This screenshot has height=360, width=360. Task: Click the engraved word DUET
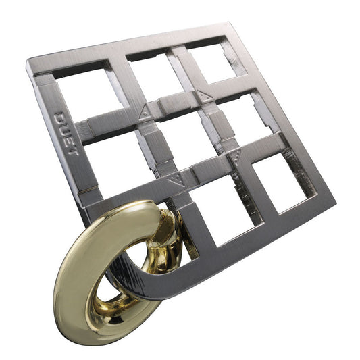(x=66, y=133)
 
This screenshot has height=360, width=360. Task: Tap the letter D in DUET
(x=59, y=117)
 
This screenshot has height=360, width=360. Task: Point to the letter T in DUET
(x=73, y=151)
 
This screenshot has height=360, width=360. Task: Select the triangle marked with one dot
(x=145, y=112)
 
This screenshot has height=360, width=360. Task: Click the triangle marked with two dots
(x=205, y=96)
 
